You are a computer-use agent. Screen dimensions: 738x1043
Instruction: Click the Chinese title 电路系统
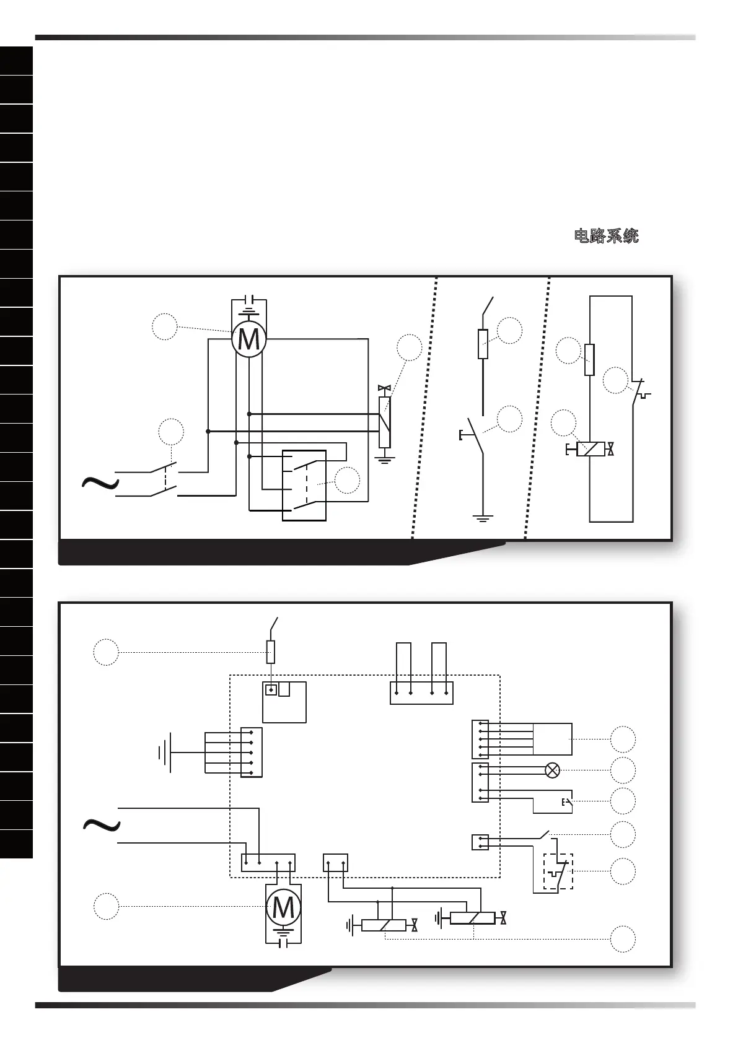tap(606, 236)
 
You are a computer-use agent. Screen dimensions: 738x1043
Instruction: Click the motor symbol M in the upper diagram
tap(248, 339)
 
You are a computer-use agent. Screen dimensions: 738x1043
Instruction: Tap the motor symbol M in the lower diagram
tap(283, 907)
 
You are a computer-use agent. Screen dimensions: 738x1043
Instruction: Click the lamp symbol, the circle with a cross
tap(551, 770)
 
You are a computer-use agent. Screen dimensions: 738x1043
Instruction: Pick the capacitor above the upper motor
tap(248, 302)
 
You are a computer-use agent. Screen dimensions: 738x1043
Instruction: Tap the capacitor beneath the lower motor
tap(283, 943)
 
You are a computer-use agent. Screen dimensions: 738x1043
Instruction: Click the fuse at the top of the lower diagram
tap(271, 652)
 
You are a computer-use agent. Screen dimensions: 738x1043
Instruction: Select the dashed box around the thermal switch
tap(558, 871)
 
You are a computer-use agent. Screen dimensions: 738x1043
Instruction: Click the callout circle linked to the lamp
tap(623, 770)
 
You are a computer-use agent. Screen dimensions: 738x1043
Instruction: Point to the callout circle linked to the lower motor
tap(106, 906)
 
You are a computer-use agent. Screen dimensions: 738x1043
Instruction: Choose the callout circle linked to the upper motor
tap(165, 326)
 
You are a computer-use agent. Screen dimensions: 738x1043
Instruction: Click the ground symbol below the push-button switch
tap(482, 517)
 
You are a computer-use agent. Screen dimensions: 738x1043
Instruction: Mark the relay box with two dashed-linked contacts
tap(304, 486)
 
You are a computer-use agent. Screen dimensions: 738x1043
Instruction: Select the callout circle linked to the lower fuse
tap(106, 652)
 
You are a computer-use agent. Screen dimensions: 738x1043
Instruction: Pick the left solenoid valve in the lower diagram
tap(384, 925)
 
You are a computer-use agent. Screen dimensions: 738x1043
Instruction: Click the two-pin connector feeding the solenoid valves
tap(335, 862)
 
